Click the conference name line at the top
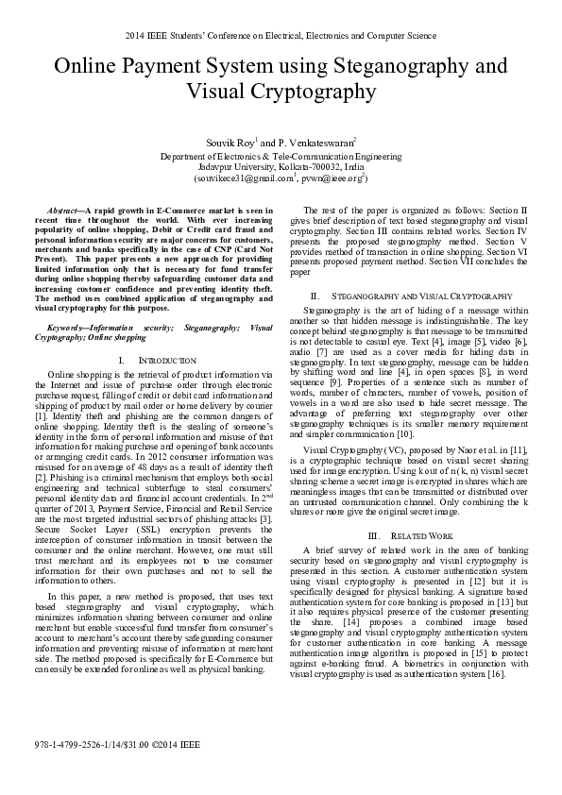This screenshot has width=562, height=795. [x=281, y=35]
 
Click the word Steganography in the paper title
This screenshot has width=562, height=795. [x=390, y=67]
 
